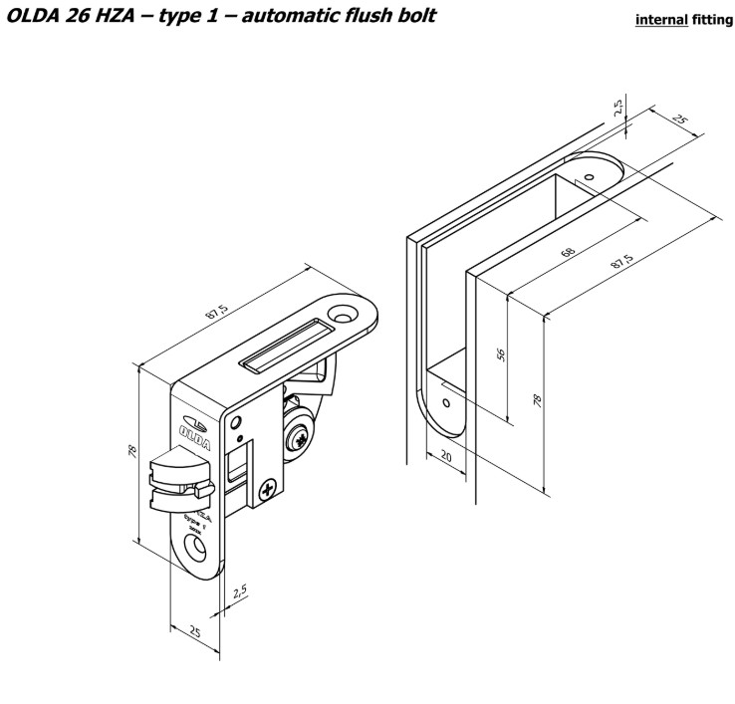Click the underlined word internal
click(x=657, y=19)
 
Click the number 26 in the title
click(x=85, y=17)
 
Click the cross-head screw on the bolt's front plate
click(x=270, y=489)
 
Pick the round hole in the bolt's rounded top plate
click(x=349, y=314)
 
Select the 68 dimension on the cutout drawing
click(x=568, y=251)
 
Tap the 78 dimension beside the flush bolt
click(x=132, y=451)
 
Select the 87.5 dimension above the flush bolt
click(x=217, y=309)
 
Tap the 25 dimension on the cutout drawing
click(x=680, y=120)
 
